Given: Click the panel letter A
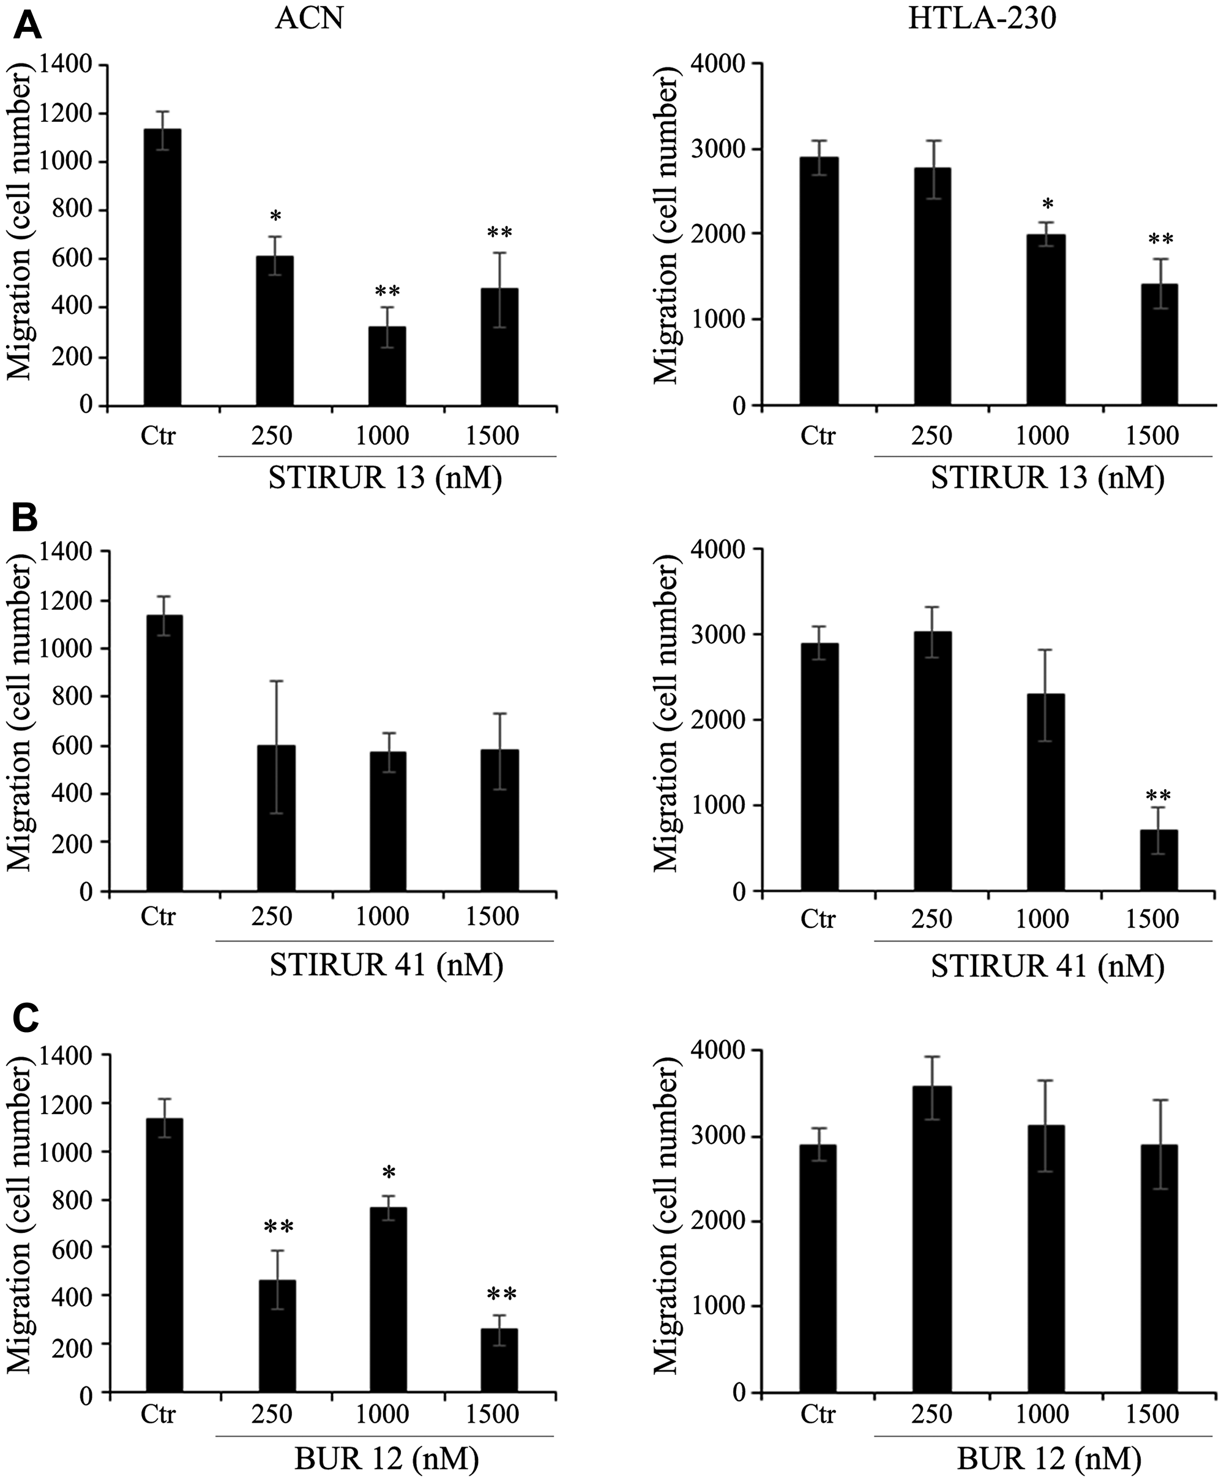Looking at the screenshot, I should pos(28,26).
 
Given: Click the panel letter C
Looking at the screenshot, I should pos(28,1018).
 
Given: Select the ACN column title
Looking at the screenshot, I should pos(309,19).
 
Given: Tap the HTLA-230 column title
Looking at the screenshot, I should pos(982,19).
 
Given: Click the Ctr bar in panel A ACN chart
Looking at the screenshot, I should pos(162,268).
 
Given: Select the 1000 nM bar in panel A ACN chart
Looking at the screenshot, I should pos(386,366).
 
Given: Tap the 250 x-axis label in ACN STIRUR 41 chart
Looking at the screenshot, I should pos(272,916).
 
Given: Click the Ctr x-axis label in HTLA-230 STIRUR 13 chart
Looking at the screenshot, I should pos(818,436).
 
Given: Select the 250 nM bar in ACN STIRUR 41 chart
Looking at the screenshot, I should pos(275,818).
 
